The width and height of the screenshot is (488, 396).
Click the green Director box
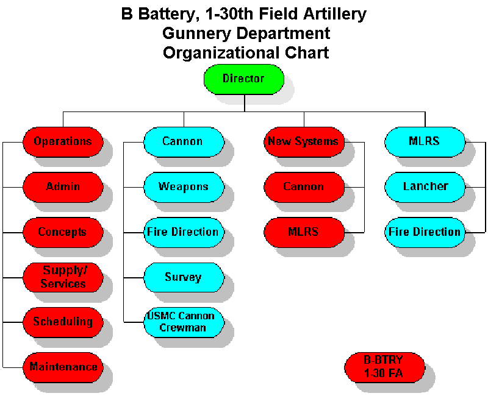243,79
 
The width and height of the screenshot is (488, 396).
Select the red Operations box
63,142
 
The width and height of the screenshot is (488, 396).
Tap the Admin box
63,187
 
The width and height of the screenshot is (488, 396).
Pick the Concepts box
63,233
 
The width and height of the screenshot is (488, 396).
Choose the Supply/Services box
63,277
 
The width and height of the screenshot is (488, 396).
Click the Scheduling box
63,322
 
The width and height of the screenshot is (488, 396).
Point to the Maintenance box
63,367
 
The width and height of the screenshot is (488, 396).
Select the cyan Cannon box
184,142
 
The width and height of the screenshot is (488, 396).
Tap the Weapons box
184,187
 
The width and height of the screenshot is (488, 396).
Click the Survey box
184,277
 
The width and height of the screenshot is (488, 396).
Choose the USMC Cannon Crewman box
184,322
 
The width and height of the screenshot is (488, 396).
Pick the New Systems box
304,142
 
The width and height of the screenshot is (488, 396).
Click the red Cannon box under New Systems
304,187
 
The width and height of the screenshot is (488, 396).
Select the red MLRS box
304,233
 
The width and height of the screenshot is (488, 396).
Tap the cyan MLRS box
425,142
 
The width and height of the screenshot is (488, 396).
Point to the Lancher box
425,187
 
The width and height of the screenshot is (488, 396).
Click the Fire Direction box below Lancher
425,233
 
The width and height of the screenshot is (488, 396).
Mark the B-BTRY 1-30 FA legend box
385,367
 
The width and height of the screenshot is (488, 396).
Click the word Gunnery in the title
196,34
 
